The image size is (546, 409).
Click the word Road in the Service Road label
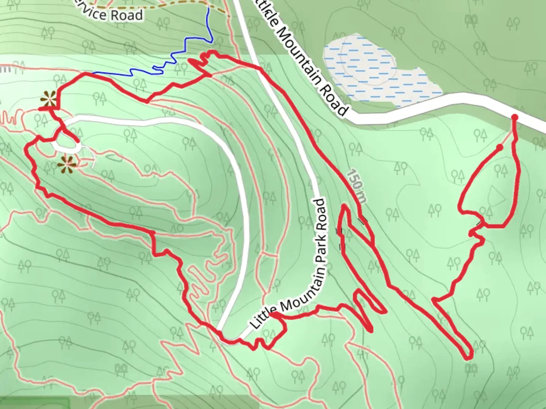pos(127,15)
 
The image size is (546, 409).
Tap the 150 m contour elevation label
pos(356,186)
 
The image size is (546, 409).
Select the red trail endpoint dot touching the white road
pos(515,117)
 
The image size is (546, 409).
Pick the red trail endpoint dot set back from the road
pos(500,147)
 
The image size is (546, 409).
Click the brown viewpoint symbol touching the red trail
pos(49,99)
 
